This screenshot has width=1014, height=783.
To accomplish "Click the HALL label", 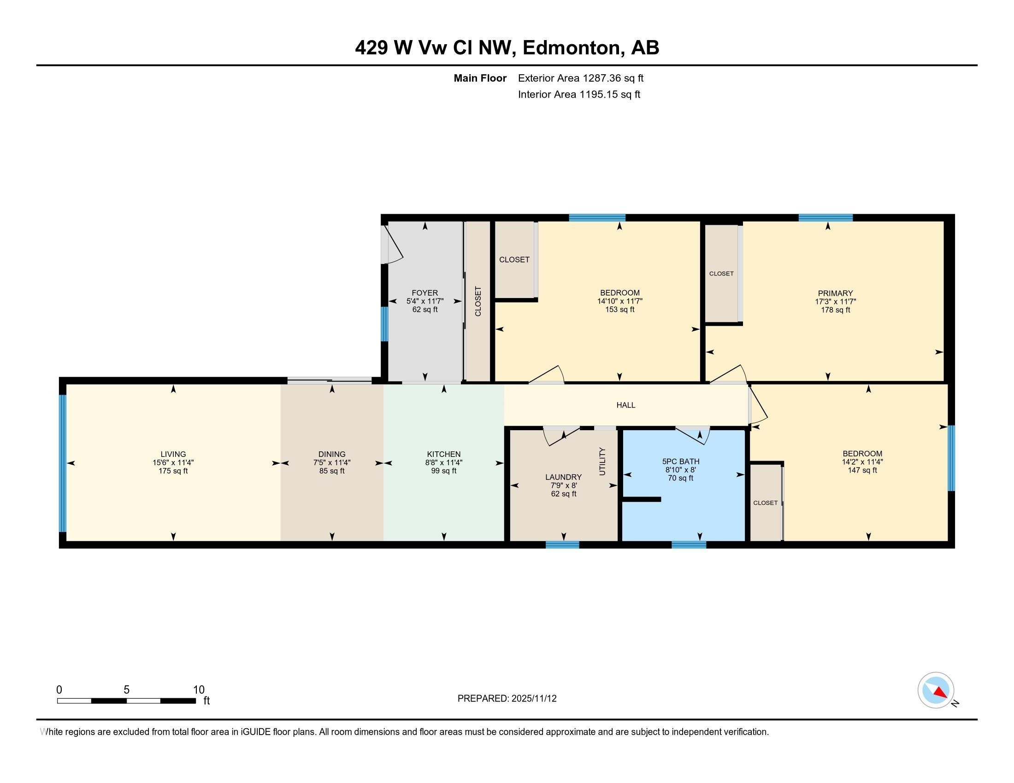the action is coord(625,405).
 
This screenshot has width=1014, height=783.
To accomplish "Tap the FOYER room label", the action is coord(425,292).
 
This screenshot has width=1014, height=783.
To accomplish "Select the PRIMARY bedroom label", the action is coord(835,293).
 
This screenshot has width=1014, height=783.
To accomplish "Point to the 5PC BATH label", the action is coord(681,462).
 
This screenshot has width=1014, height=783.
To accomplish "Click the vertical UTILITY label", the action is coord(603,461).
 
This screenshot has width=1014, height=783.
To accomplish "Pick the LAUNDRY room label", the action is coord(564,477).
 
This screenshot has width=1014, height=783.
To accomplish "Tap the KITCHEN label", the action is coord(444,454).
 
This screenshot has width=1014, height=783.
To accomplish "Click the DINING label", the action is coord(332,454).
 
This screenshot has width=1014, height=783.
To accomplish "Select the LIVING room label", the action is coord(173,454).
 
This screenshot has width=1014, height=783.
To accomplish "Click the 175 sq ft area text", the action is coord(173,471).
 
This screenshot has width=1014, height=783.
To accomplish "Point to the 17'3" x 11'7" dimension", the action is coord(835,302).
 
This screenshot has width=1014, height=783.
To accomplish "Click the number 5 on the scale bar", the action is coord(126,690).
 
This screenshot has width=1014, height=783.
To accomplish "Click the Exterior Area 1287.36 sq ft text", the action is coord(581,78).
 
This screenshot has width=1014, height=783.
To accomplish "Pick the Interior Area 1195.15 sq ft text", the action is coord(579,94).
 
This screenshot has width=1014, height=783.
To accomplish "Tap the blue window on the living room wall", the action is coord(63,463).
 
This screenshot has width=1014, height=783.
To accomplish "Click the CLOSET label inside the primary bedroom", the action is coord(721,274).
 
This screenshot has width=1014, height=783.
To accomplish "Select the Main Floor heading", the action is coord(480,78).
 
